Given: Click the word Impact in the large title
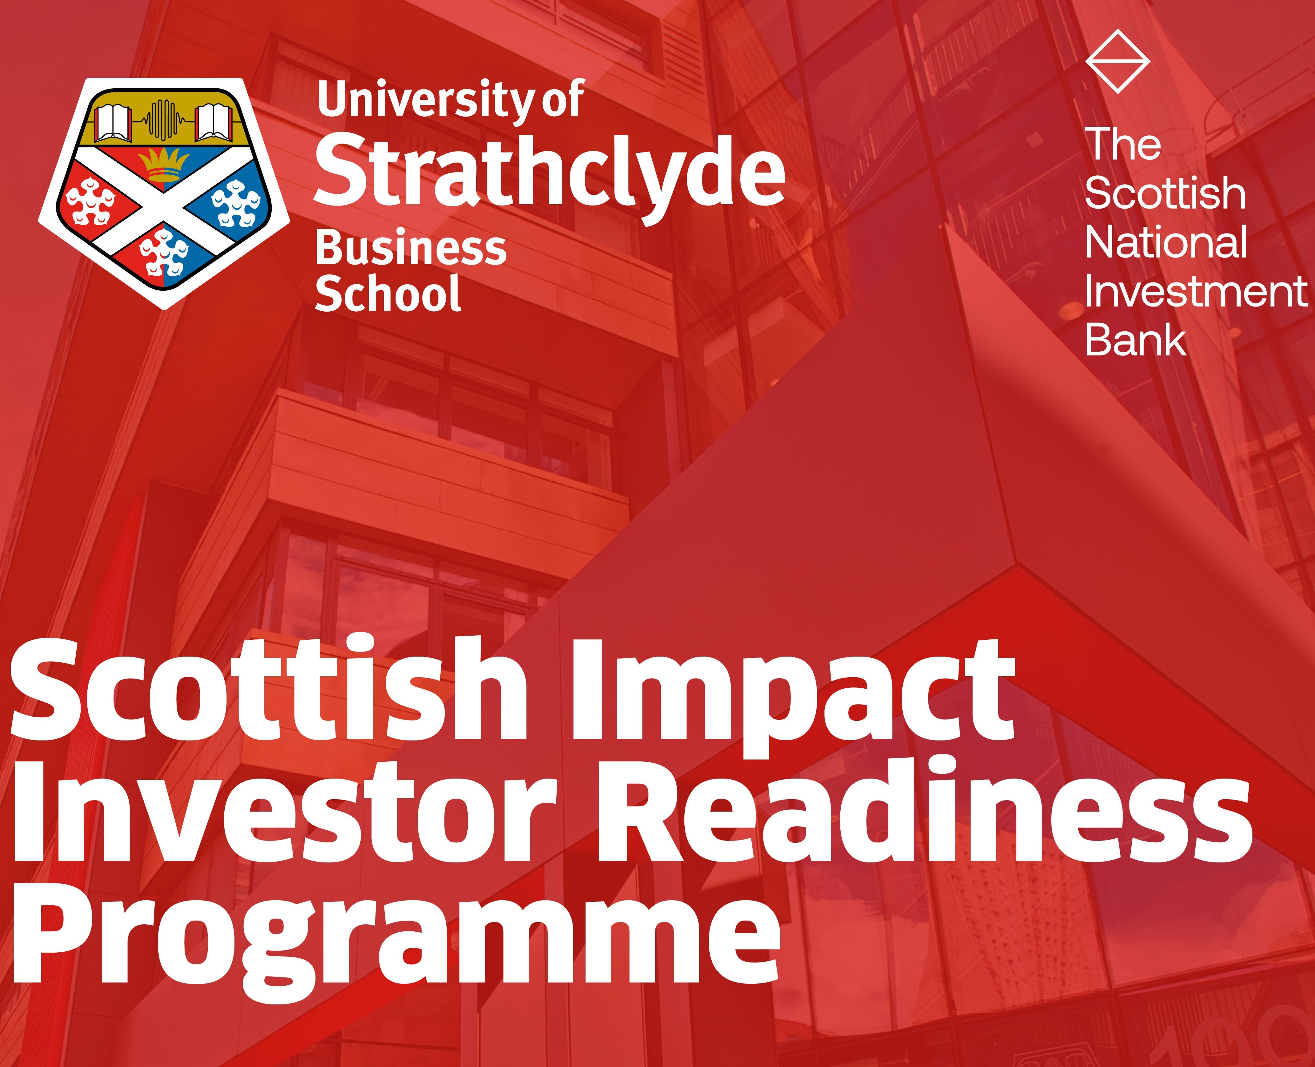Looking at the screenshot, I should tap(793, 693).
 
